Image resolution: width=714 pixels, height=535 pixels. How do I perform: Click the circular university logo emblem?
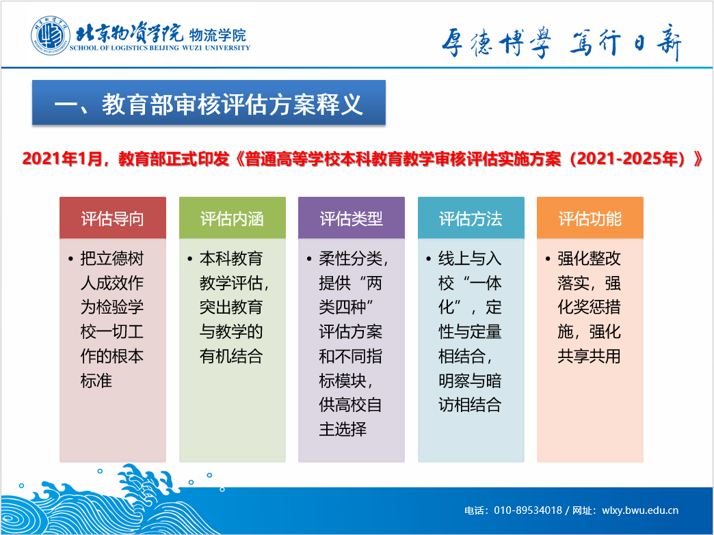coord(51,36)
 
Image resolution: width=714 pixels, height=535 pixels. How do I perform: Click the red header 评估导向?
coord(112,218)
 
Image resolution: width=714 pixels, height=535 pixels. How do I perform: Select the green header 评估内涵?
coord(233,218)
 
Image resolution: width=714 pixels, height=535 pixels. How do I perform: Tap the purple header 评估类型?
coord(352,218)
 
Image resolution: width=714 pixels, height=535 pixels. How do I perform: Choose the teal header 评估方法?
coord(471,218)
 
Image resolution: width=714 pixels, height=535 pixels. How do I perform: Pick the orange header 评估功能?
coord(590,218)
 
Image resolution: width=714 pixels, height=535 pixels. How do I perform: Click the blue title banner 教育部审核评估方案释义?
coord(209,102)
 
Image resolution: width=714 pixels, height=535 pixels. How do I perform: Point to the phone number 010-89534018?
coord(528,510)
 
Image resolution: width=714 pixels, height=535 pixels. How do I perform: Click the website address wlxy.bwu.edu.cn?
coord(640,510)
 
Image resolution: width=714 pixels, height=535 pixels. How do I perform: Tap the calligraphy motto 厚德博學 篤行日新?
coord(561,42)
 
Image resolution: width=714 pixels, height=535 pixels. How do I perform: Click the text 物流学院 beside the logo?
coord(217,35)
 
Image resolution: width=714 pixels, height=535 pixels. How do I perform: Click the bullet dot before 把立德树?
coord(70,260)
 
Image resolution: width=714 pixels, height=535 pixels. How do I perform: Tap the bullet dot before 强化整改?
coord(548,260)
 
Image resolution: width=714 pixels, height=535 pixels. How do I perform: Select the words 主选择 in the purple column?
coord(343,429)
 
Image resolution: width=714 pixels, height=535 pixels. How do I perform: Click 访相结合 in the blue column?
coord(470,404)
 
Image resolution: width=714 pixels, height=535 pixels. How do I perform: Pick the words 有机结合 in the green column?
coord(231,356)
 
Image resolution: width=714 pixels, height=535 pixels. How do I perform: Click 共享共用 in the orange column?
coord(590,356)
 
